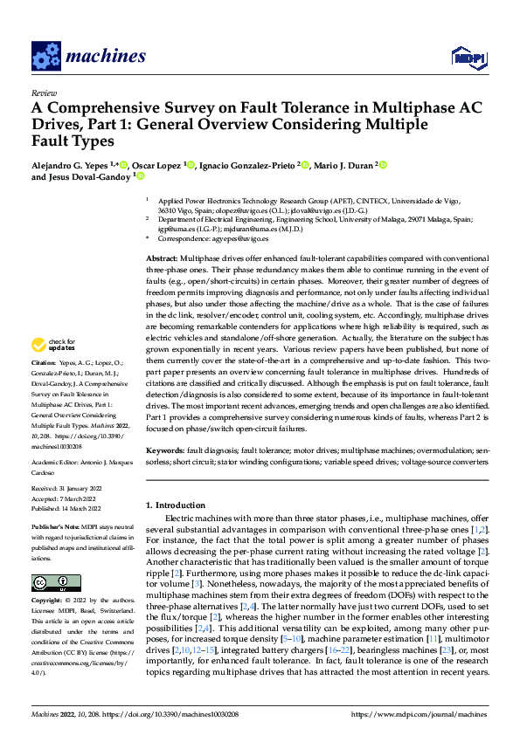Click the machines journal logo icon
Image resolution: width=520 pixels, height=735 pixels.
point(45,56)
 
